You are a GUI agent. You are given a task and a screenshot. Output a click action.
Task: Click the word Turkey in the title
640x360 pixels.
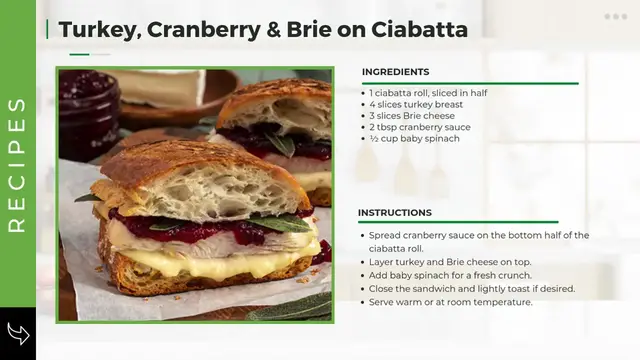[x=98, y=30]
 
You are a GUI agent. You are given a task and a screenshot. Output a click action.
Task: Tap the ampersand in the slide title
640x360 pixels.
[x=273, y=30]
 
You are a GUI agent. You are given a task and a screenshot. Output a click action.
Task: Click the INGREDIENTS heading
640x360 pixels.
[x=395, y=72]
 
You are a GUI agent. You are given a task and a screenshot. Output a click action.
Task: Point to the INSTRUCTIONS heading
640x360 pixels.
[x=395, y=213]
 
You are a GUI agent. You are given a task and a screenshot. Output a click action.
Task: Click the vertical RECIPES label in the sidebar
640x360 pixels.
[x=17, y=164]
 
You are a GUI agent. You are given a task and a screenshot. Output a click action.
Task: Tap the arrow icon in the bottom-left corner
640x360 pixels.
[x=17, y=332]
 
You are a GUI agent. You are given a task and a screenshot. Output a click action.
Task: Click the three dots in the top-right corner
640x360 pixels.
[x=615, y=17]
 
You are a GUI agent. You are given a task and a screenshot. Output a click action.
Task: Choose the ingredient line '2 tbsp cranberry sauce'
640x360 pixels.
[x=419, y=127]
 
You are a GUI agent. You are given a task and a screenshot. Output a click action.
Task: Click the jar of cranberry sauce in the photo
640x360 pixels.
[x=88, y=110]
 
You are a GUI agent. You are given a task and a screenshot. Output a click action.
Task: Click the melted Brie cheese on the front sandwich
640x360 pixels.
[x=220, y=262]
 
